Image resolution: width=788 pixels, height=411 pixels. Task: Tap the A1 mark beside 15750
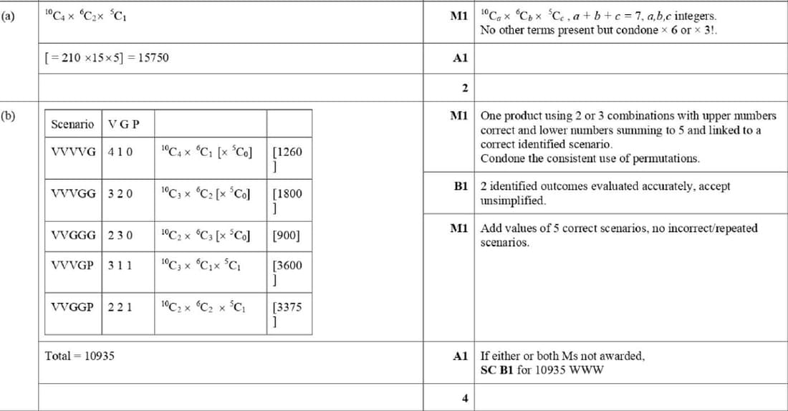[x=460, y=58]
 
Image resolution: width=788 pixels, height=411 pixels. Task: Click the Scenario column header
[x=72, y=125]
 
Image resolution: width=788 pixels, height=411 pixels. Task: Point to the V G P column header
[x=124, y=125]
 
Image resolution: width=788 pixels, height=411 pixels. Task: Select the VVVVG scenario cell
[x=73, y=152]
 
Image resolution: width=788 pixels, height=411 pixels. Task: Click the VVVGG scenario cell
[x=73, y=193]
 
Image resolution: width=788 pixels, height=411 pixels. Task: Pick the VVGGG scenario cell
[x=73, y=235]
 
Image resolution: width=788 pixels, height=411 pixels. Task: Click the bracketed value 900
[x=287, y=235]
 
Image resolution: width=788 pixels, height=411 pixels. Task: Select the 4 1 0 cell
[x=120, y=152]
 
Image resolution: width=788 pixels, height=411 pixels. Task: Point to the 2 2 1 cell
[x=120, y=306]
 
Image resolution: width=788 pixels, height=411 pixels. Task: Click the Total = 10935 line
[x=80, y=355]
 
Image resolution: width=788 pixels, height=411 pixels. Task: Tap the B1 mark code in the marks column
[x=460, y=186]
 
